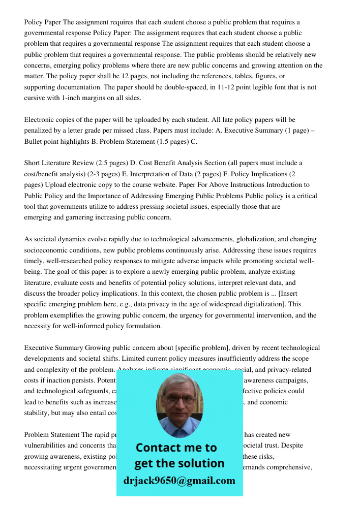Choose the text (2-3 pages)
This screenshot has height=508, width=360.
(x=110, y=174)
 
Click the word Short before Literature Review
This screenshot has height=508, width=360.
(x=34, y=163)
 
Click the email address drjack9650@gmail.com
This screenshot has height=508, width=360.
(x=179, y=481)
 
